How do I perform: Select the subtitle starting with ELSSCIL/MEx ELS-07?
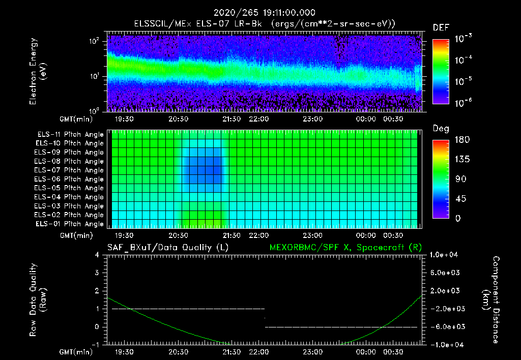click(265, 24)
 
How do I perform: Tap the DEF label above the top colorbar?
click(441, 27)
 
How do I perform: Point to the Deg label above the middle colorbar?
click(441, 129)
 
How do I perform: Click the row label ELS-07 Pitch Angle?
click(69, 170)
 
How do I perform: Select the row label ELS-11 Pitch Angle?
click(69, 134)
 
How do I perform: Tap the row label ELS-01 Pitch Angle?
click(69, 224)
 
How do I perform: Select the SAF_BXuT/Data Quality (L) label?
click(168, 247)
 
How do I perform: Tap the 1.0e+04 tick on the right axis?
click(445, 255)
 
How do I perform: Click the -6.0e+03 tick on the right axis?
click(445, 326)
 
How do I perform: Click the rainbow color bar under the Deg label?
click(441, 178)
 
